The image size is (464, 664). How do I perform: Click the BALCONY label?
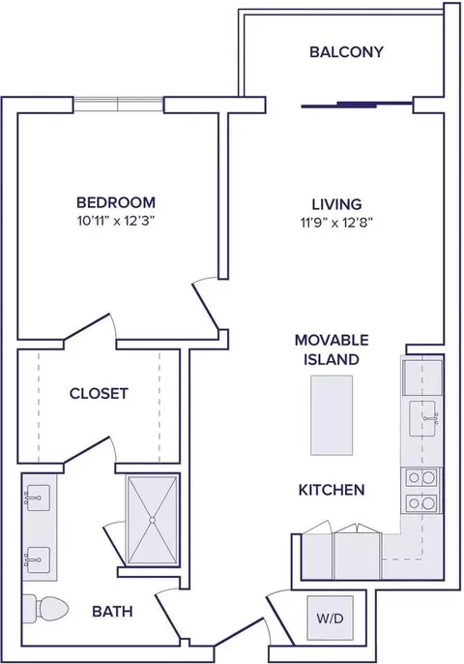point(346,51)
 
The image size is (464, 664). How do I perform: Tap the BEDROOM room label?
point(116,202)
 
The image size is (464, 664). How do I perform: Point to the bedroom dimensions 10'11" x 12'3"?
point(115,221)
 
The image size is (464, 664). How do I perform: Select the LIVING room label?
point(336,204)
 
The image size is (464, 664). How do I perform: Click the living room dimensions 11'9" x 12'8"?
point(336,223)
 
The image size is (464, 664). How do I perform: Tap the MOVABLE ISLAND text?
point(332,349)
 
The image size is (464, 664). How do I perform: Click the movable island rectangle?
point(332,415)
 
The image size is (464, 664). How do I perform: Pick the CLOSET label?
point(99,393)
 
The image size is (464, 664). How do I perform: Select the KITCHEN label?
point(332,490)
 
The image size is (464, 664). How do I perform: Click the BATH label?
point(112,611)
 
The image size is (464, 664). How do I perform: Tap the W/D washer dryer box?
point(330,619)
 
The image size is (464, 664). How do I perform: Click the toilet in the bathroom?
point(45,609)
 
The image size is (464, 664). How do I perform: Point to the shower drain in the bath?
point(153,519)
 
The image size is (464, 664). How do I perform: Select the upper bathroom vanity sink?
point(38,498)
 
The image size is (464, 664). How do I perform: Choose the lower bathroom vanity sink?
point(38,559)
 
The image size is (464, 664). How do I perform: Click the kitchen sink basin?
point(423,418)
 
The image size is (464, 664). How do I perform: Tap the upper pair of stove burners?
point(421,478)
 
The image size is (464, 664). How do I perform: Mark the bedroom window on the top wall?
point(118,105)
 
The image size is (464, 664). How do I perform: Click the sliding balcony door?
point(357,105)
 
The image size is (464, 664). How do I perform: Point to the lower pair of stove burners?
point(421,503)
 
